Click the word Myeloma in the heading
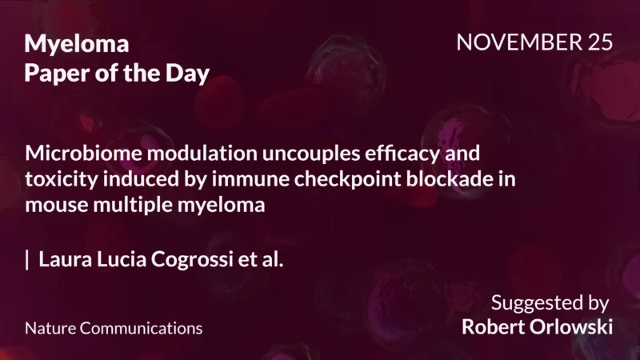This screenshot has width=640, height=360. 76,45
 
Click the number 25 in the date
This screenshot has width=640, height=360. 598,43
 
